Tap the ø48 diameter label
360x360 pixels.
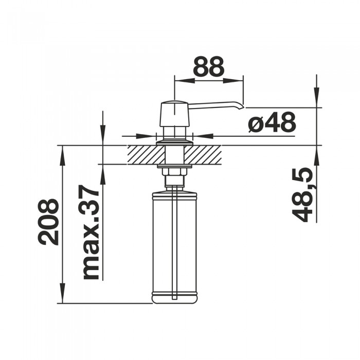272,122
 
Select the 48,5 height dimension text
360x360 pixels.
302,195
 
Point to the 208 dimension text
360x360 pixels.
48,222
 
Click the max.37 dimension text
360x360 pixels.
91,232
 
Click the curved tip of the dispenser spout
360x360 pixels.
241,106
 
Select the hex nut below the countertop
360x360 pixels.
174,172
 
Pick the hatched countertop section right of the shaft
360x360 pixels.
203,155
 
